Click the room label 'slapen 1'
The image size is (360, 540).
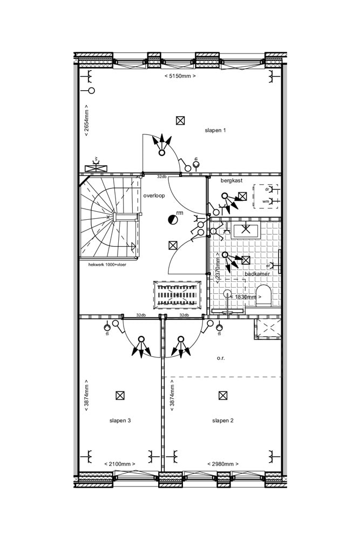[x=215, y=131]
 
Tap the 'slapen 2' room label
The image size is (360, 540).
[x=222, y=421]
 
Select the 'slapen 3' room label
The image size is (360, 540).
[x=120, y=421]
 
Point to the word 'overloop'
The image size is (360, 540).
[x=154, y=195]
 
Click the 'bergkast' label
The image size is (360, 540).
[x=232, y=181]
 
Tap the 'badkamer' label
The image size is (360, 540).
[x=257, y=274]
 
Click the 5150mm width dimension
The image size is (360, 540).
[x=180, y=76]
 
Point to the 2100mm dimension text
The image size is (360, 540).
[x=120, y=464]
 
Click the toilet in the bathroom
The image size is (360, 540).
[x=263, y=296]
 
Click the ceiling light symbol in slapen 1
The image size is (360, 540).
[x=180, y=120]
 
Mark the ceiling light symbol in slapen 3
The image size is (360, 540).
[x=120, y=396]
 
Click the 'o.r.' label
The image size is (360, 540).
[x=221, y=358]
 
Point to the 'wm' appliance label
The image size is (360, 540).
[x=266, y=201]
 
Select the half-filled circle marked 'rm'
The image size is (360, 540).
[x=172, y=219]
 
